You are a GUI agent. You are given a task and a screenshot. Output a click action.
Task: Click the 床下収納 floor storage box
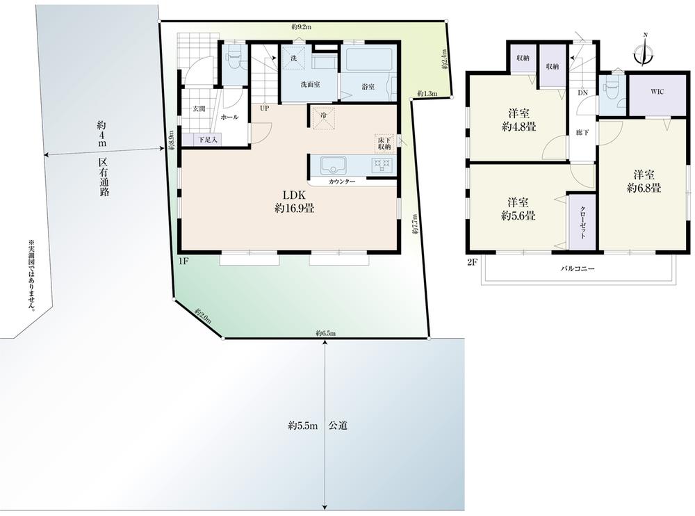(384, 143)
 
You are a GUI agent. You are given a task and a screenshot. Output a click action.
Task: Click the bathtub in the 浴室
(369, 59)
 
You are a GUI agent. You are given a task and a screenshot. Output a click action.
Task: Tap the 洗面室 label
(309, 85)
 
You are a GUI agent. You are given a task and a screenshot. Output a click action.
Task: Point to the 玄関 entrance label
(197, 108)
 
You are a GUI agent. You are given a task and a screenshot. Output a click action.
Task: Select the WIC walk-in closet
(657, 92)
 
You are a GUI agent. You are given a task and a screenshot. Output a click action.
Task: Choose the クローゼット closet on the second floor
(582, 222)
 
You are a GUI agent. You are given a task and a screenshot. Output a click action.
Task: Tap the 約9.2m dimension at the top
(301, 27)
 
